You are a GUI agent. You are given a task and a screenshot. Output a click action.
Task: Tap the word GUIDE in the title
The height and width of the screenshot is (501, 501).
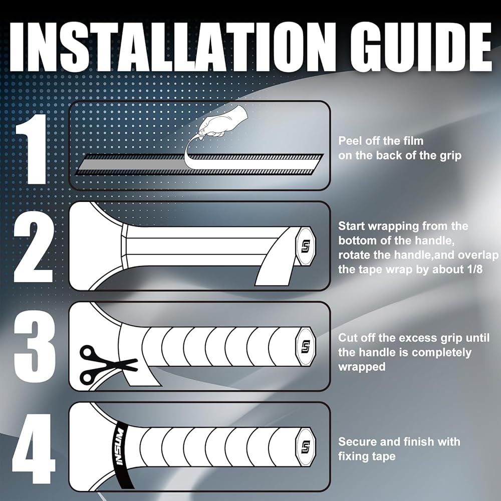click(420, 48)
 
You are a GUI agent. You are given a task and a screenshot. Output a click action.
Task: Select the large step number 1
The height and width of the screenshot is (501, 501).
click(31, 149)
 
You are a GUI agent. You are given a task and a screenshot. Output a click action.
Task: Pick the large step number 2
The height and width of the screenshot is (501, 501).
click(33, 251)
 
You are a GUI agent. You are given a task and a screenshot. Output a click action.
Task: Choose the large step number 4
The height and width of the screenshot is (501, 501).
click(34, 449)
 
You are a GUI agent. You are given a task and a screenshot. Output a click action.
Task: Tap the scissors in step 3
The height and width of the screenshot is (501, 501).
click(108, 365)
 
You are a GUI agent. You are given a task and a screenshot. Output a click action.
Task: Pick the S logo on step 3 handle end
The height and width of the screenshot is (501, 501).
click(306, 346)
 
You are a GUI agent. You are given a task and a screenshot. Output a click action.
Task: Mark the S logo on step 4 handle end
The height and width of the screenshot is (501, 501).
click(306, 447)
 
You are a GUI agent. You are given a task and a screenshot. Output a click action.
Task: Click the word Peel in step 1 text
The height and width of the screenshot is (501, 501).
click(349, 141)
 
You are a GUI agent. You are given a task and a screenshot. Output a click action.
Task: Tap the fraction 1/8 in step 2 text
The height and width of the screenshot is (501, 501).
click(474, 269)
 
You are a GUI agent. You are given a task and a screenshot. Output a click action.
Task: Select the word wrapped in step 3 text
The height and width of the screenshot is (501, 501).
click(362, 367)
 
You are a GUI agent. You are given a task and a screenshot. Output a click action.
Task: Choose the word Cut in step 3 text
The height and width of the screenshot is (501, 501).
click(347, 338)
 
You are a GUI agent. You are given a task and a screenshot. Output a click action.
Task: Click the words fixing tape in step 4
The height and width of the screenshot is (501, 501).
click(367, 456)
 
